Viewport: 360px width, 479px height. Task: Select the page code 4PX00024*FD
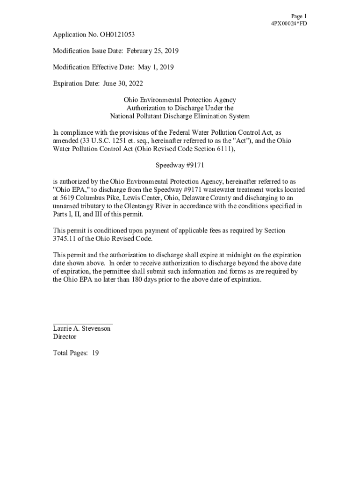(289, 24)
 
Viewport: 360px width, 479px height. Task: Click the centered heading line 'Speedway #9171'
(180, 165)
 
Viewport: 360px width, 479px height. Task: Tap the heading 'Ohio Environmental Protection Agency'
(180, 100)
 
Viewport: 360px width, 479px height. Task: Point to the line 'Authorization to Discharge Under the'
(180, 108)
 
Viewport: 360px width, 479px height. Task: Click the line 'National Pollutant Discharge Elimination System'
(180, 116)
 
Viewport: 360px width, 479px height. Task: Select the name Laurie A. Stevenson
(82, 328)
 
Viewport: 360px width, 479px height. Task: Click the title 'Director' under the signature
(65, 337)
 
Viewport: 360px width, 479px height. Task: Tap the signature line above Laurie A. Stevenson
(82, 323)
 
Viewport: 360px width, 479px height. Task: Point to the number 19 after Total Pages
(95, 353)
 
